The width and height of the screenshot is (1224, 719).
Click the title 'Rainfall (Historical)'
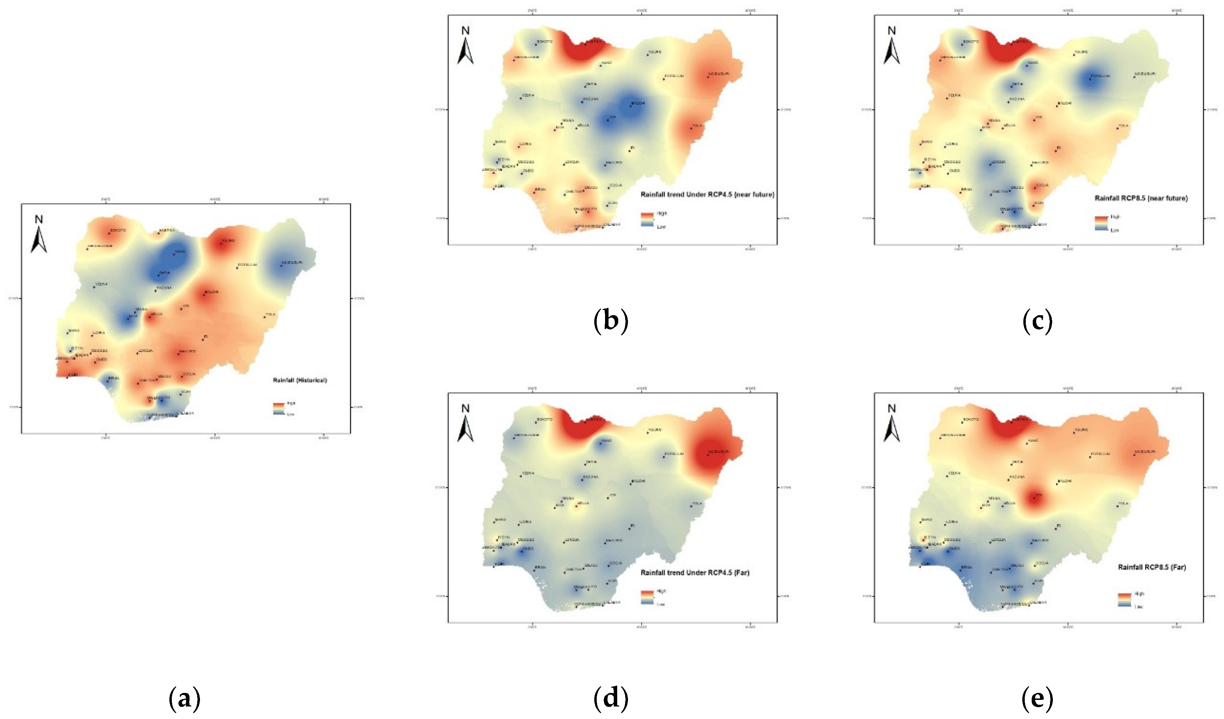tap(300, 380)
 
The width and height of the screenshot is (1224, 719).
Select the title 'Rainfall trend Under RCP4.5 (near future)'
tap(707, 195)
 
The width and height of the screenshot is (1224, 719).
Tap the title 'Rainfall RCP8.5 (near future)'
tap(1141, 198)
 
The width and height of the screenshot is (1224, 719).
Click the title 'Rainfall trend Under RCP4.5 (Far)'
tap(695, 573)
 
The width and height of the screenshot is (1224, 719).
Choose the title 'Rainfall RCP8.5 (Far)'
tap(1152, 567)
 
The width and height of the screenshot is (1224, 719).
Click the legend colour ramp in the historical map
tap(278, 408)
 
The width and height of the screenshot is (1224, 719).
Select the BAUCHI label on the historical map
tap(212, 292)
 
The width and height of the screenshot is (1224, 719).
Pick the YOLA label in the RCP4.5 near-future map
tap(697, 125)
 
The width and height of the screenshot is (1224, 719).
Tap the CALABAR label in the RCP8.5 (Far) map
tap(1038, 602)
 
